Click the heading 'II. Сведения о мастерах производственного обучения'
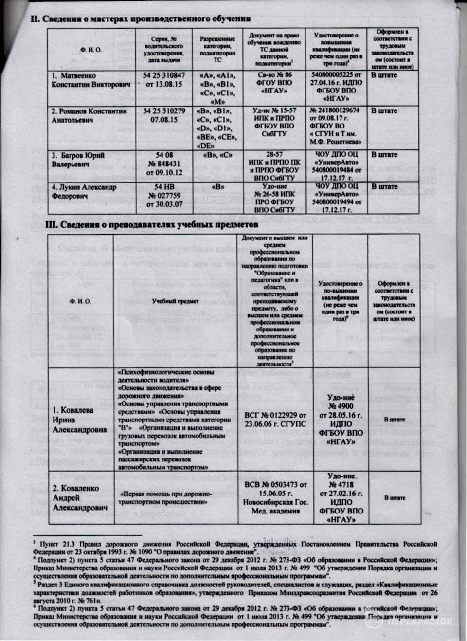tap(141, 19)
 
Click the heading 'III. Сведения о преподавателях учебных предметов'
tap(152, 225)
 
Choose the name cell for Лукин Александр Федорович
tap(84, 191)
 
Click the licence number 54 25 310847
tap(164, 76)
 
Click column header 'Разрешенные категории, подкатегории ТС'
tap(217, 49)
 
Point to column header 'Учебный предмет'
tap(175, 301)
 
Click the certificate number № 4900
tap(341, 406)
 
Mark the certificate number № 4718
tap(341, 485)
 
